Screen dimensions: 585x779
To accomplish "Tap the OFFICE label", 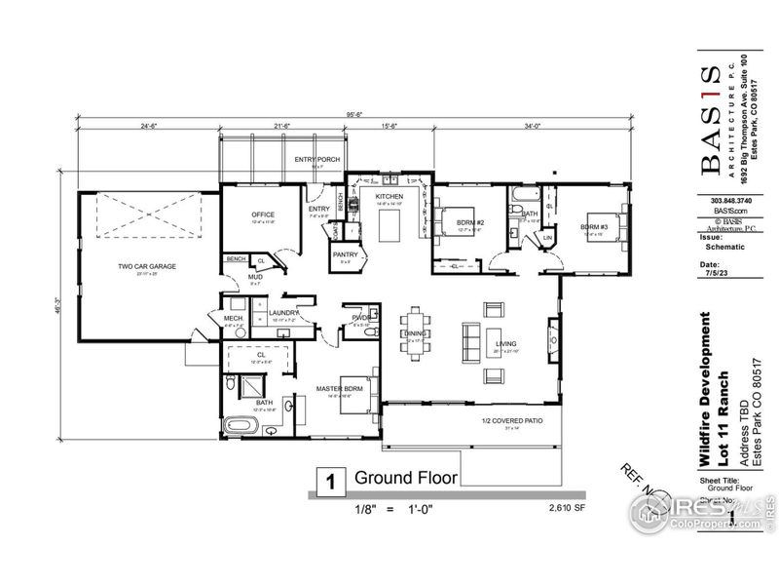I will [263, 214].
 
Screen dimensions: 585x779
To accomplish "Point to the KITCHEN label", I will [389, 196].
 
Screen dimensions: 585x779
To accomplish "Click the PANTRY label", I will [346, 255].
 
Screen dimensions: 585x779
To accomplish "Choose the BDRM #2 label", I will [470, 222].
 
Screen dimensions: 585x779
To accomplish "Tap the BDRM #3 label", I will [593, 227].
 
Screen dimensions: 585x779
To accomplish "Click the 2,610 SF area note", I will [566, 508].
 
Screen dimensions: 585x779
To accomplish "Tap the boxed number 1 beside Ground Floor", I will [330, 481].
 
